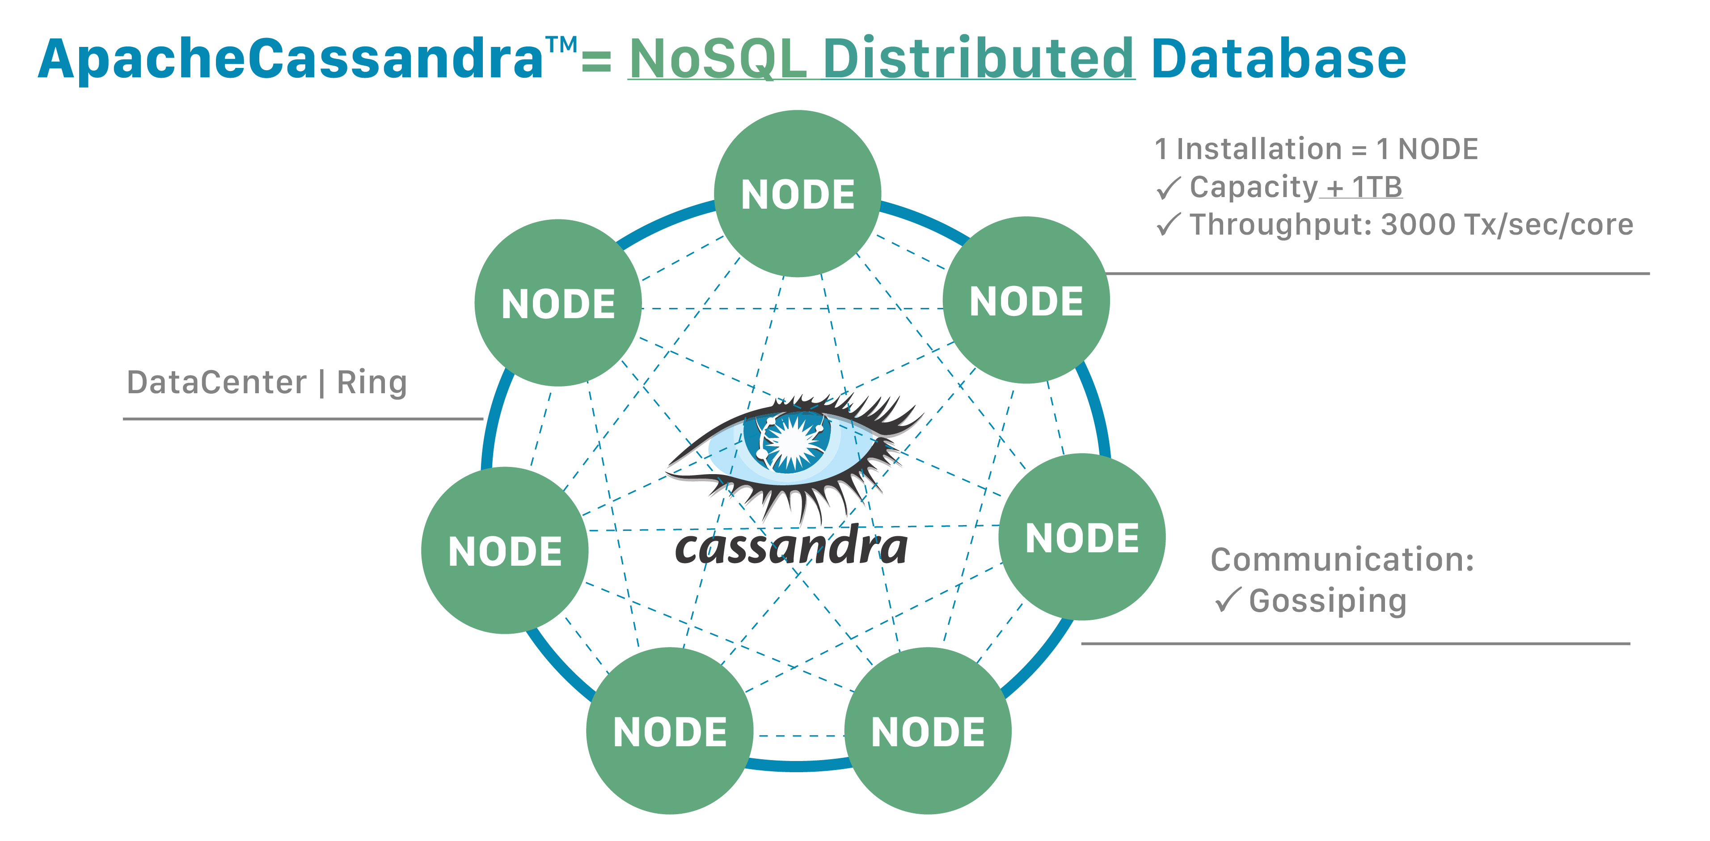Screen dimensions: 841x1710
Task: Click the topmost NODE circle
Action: click(797, 194)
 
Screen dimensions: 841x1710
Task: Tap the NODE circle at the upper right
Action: click(1026, 300)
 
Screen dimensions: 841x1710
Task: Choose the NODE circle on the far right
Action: click(1082, 537)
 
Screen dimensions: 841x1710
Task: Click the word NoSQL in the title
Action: click(717, 59)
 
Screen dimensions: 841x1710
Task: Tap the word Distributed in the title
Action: click(979, 59)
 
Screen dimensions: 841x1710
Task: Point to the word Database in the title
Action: click(1278, 59)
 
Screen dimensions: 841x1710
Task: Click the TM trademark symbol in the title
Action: click(562, 45)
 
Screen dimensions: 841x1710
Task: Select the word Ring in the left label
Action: click(372, 383)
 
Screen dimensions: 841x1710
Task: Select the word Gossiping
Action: click(1328, 601)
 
